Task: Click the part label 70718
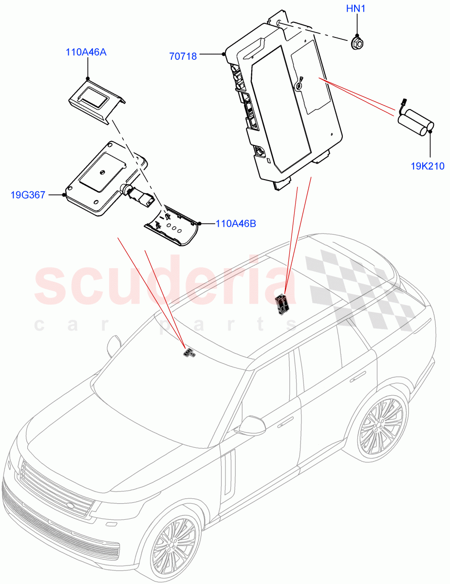(183, 56)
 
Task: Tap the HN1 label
(358, 9)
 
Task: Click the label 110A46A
(86, 52)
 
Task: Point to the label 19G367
(28, 195)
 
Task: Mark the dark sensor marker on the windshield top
(188, 352)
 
